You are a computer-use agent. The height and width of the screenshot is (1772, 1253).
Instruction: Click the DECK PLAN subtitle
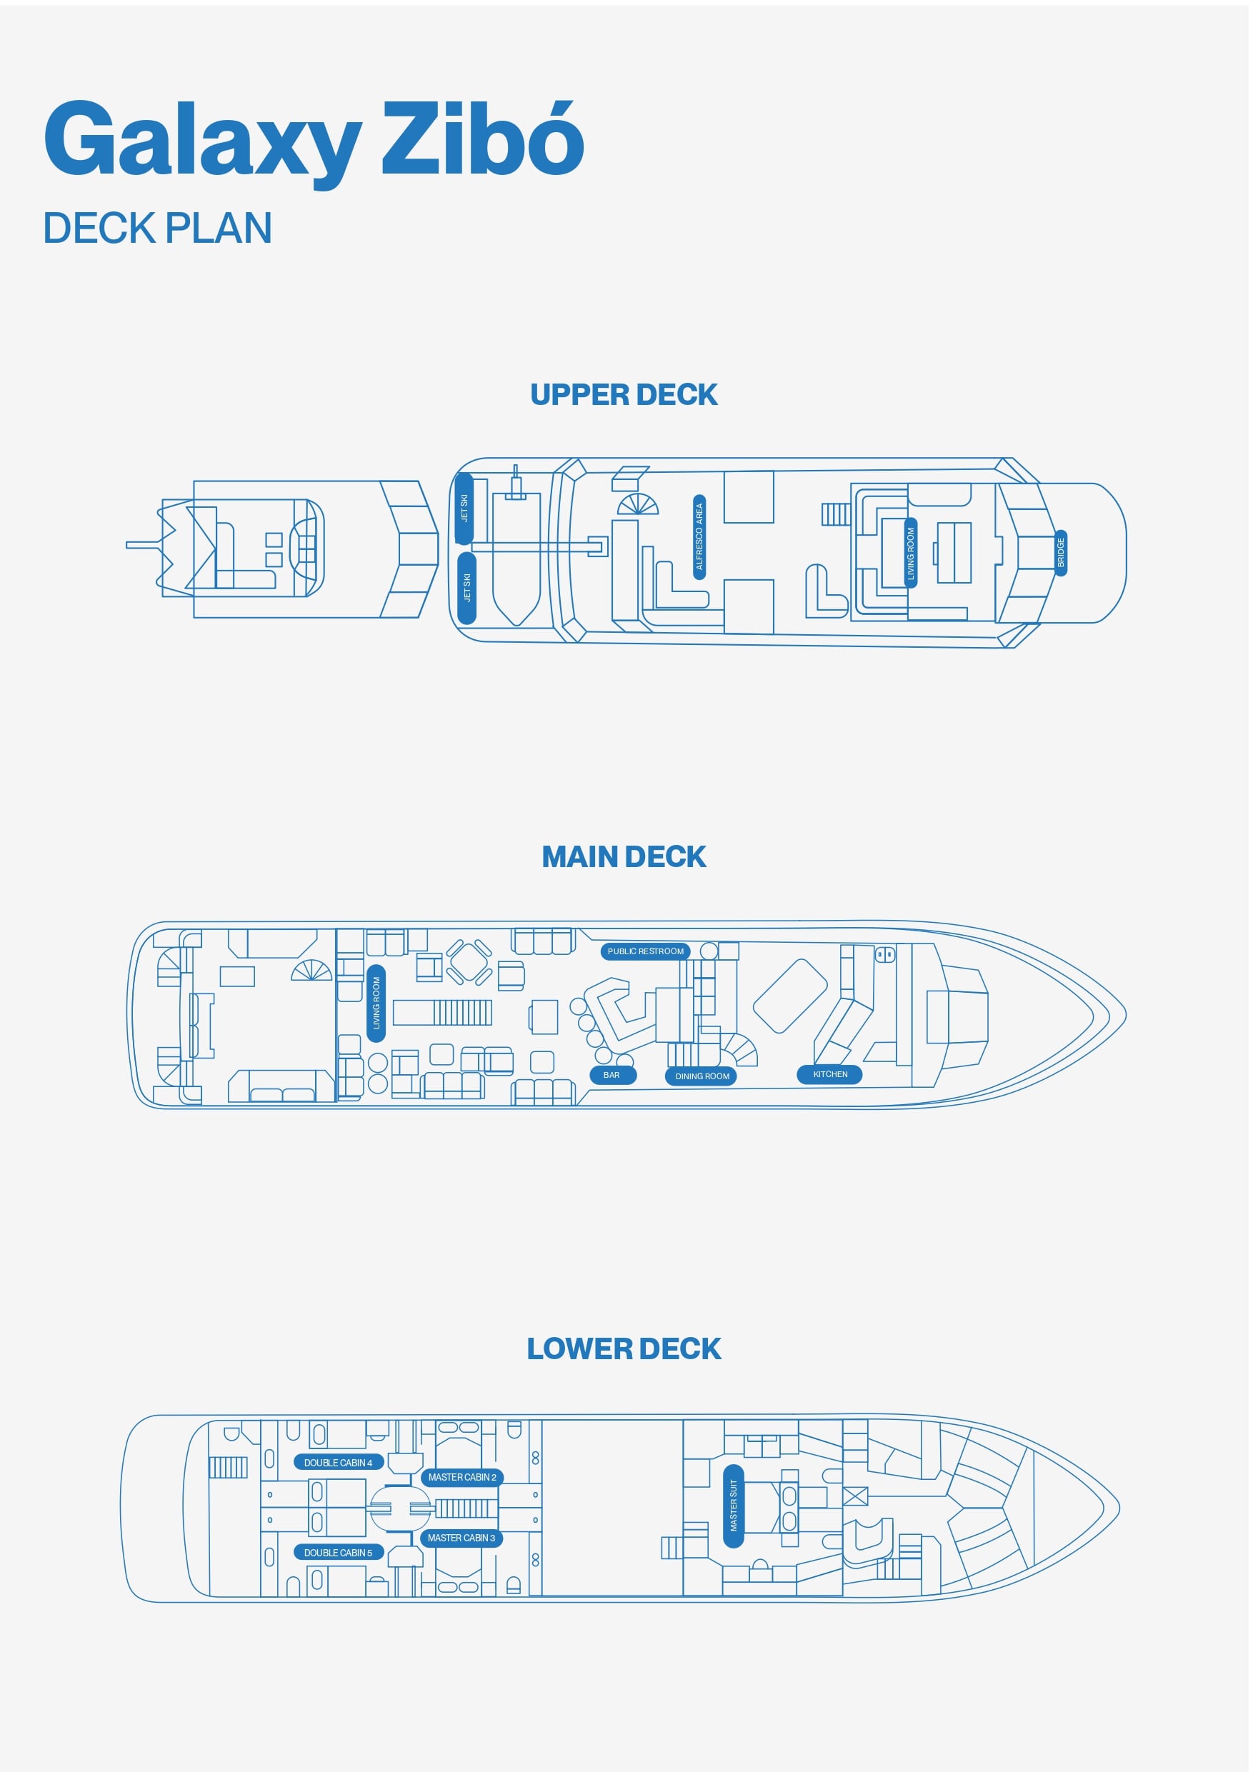pos(157,229)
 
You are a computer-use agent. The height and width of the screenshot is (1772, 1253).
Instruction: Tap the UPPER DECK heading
pos(624,395)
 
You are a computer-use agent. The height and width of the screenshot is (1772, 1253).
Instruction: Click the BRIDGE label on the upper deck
pos(1061,553)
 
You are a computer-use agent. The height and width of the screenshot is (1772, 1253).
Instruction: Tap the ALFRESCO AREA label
pos(699,537)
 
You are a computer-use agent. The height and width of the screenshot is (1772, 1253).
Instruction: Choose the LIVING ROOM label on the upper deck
pos(911,553)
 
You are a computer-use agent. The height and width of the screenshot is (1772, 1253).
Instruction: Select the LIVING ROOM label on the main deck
pos(376,1003)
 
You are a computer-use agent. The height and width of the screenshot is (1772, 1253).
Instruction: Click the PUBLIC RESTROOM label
pos(647,951)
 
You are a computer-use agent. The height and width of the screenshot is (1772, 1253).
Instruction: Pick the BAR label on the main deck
pos(612,1076)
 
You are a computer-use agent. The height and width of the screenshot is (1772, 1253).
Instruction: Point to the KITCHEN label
pos(831,1075)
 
